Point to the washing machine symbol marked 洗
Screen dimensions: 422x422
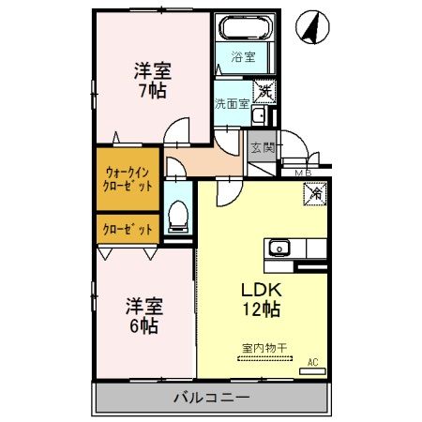click(265, 91)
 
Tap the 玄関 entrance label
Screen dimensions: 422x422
click(262, 146)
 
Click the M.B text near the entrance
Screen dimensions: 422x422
click(303, 173)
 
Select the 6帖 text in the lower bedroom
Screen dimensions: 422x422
click(143, 326)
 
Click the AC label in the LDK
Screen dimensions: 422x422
click(312, 359)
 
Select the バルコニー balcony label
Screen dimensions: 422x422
click(211, 397)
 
